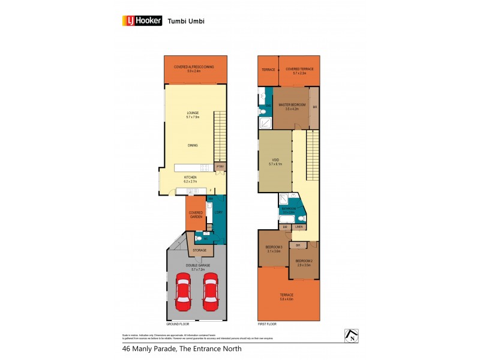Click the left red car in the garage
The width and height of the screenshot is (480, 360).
pos(182,292)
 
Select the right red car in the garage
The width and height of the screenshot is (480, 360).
pos(210,292)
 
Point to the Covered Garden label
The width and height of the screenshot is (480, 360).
pos(196,214)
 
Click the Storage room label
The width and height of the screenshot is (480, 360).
pos(200,250)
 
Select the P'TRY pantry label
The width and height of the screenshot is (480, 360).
pos(220,166)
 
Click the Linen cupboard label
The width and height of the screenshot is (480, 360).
pos(298,227)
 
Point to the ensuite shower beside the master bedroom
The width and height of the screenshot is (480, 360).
pos(265,123)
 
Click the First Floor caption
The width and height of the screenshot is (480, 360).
pos(268,323)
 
